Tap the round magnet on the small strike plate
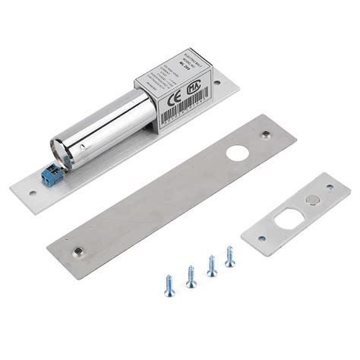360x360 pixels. [x=314, y=198]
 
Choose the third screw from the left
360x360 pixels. [x=210, y=267]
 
